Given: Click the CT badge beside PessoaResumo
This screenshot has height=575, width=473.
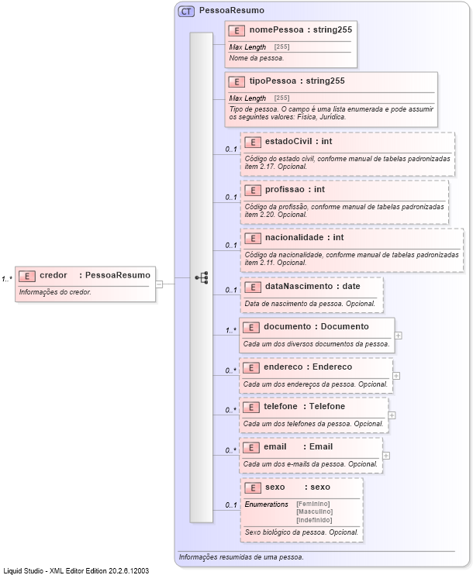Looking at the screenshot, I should click(186, 12).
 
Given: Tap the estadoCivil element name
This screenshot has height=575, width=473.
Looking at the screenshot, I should click(288, 142).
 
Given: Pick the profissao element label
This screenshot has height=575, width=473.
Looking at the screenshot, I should click(283, 190).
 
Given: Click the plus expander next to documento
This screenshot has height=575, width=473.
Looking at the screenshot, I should click(398, 336).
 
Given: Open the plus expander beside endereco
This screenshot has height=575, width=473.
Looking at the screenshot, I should click(396, 376).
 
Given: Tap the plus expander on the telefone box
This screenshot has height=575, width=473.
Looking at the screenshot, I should click(392, 415).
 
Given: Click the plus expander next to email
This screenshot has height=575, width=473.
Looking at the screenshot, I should click(386, 456).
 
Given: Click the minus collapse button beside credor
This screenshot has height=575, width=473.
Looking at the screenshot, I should click(159, 284).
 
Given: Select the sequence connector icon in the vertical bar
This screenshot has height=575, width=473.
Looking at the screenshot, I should click(202, 277).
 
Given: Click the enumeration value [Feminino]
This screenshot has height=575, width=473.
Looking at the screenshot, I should click(314, 504).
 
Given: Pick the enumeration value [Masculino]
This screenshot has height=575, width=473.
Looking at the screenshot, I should click(314, 511).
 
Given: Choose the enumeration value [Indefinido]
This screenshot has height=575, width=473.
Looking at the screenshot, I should click(314, 519).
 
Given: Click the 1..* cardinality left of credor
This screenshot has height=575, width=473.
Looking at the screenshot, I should click(7, 279).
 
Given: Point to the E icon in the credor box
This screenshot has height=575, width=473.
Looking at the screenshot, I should click(27, 276).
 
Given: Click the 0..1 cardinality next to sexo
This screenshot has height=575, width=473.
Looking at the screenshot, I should click(230, 505).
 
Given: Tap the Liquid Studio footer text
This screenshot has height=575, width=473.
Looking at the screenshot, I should click(76, 570).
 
